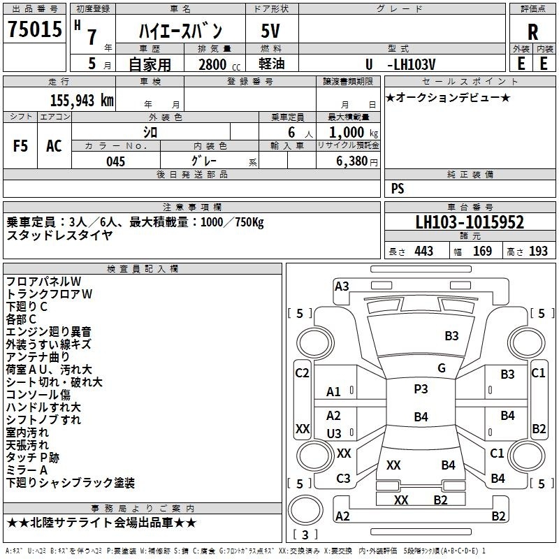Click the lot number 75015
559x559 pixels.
(x=35, y=29)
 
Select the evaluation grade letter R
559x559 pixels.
(x=532, y=32)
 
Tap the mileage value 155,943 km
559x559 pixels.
(x=82, y=100)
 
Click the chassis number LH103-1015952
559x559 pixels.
(x=470, y=222)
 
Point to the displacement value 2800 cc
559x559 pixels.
(x=219, y=64)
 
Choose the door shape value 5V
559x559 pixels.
(x=270, y=31)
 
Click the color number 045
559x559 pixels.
(x=116, y=161)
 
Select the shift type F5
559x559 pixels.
(x=20, y=146)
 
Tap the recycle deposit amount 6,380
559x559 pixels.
(x=352, y=161)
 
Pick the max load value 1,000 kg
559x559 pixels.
(x=354, y=133)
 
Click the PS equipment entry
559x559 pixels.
(x=398, y=188)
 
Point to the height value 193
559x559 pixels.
(x=538, y=251)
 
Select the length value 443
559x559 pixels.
(x=424, y=251)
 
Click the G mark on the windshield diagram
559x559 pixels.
(x=442, y=368)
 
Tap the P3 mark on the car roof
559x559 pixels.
(x=421, y=389)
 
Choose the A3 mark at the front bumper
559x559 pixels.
(x=342, y=286)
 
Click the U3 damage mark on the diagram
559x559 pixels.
(x=334, y=433)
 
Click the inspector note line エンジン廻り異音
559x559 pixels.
(x=48, y=331)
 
